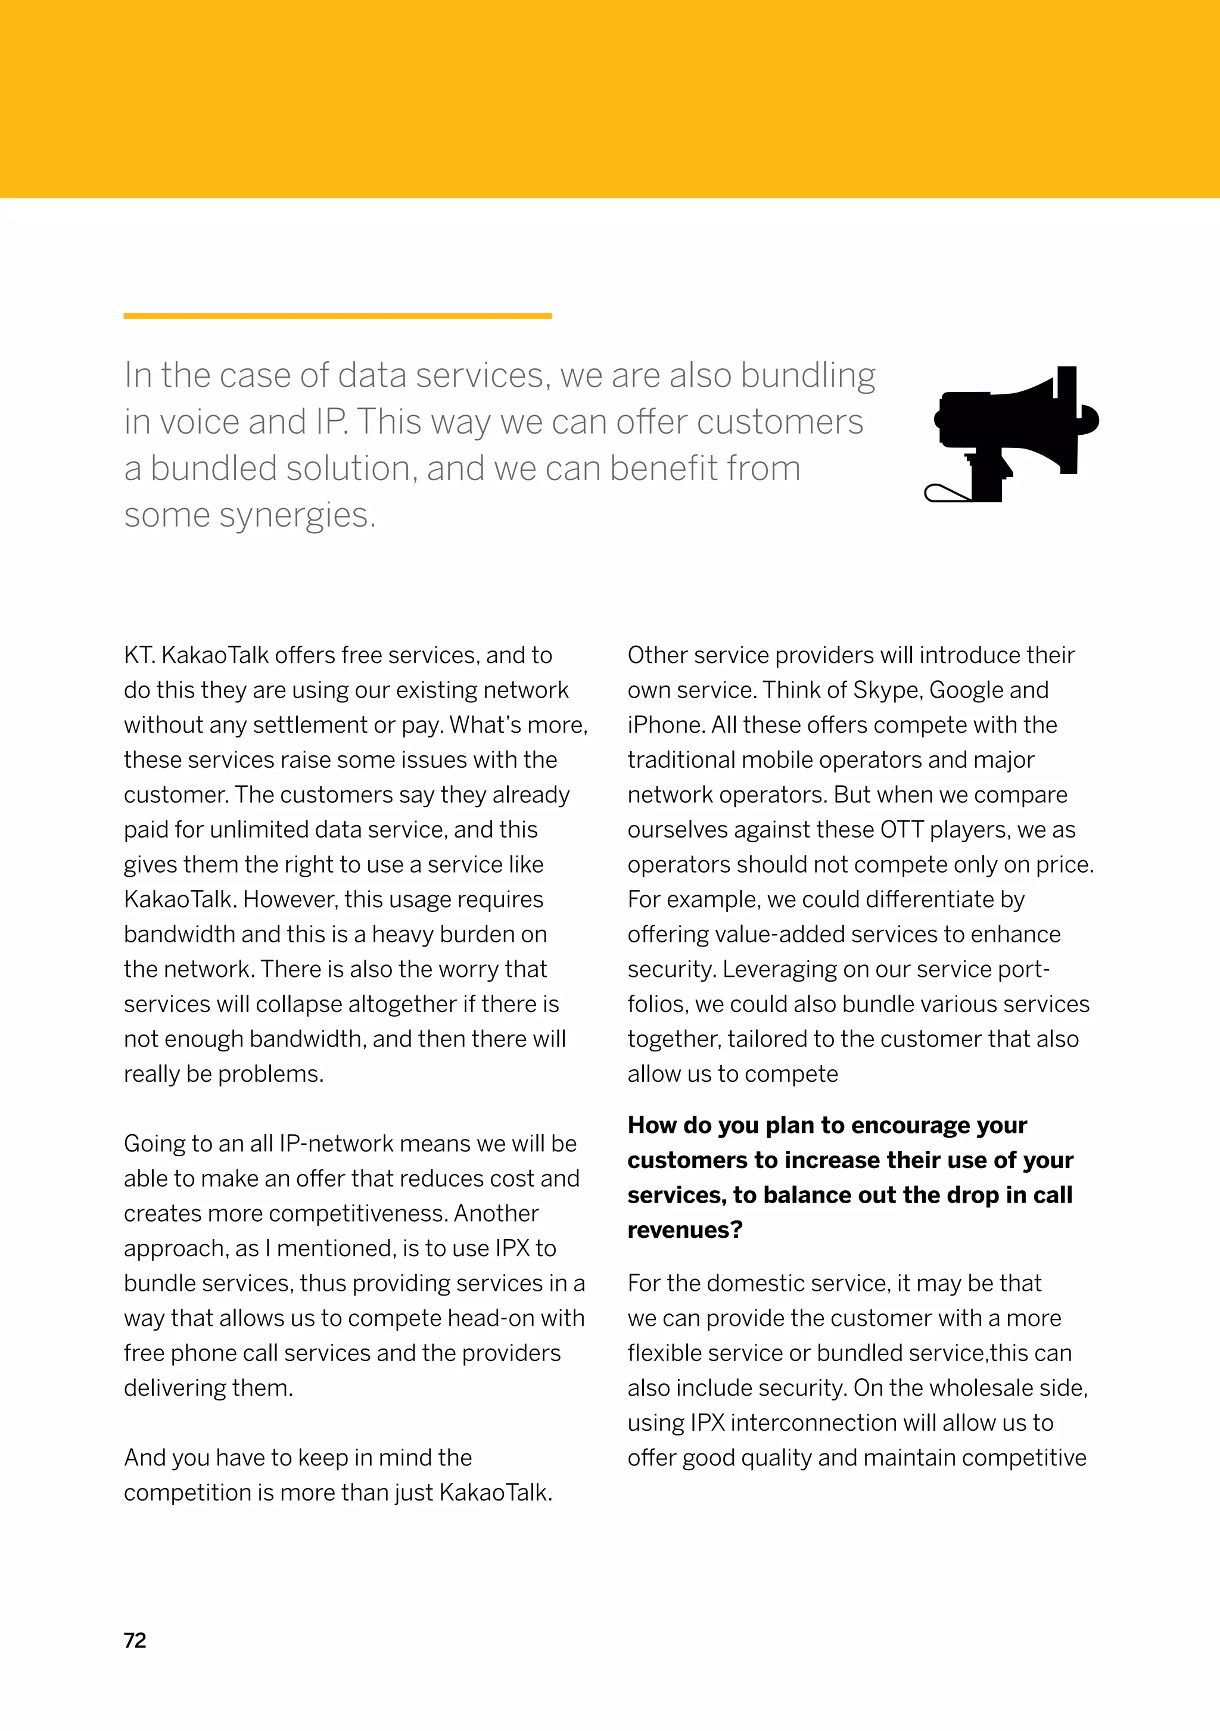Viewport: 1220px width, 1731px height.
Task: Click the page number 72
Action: [x=135, y=1640]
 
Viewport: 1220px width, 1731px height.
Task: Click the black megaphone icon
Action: [x=1011, y=434]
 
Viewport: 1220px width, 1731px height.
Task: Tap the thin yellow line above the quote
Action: [x=337, y=316]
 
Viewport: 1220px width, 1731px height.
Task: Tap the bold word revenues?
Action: [x=684, y=1229]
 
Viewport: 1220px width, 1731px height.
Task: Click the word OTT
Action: [x=901, y=829]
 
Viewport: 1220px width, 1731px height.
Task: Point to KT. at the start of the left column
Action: [x=139, y=655]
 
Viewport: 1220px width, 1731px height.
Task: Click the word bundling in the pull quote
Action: [x=808, y=375]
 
